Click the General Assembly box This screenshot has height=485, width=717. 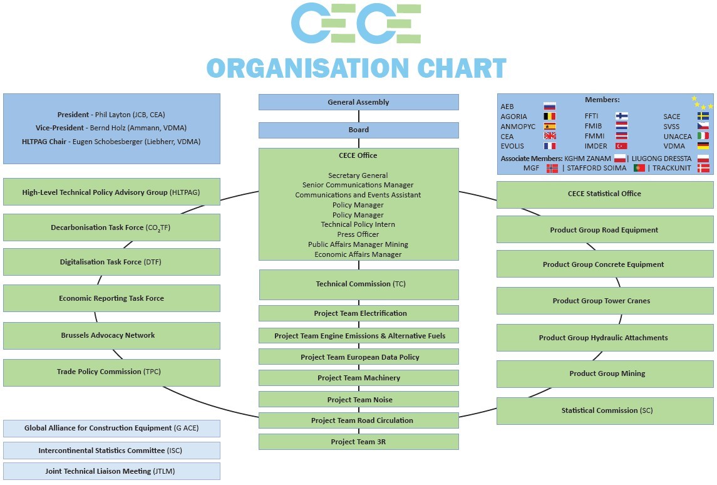358,102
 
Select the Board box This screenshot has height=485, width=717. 358,130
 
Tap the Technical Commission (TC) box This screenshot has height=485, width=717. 358,284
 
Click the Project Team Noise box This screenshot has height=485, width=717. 358,400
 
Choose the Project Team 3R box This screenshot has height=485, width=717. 358,442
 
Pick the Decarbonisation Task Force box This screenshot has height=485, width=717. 111,227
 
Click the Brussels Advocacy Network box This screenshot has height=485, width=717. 111,335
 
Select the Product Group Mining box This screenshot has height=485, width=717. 605,373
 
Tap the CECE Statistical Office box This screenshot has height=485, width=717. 605,194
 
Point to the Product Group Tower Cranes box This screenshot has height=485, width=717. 605,301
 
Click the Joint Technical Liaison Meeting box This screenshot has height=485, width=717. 111,471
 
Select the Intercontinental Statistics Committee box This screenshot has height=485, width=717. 111,451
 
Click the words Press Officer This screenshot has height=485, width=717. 358,234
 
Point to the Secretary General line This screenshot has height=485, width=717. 358,175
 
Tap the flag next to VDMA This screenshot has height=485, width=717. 703,146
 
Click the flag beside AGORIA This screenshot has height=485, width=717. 550,117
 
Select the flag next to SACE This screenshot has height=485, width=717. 703,117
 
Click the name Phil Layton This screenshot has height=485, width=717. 113,115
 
